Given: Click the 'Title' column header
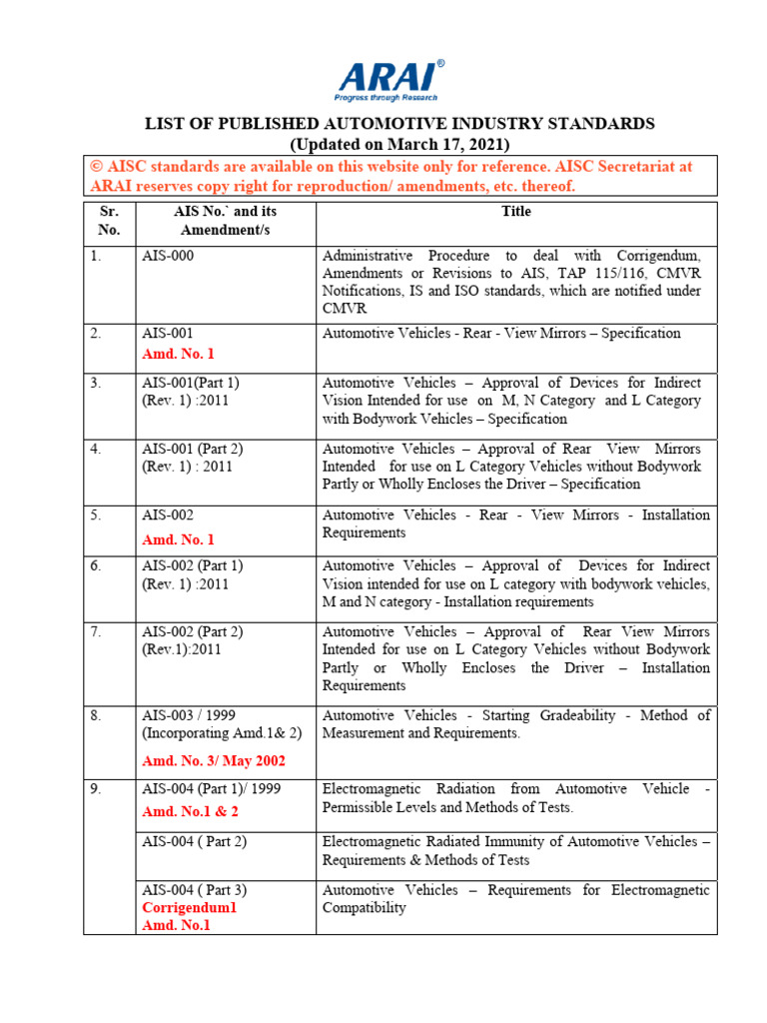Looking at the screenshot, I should point(516,211).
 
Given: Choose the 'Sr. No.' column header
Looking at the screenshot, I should point(110,220).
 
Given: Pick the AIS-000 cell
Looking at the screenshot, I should point(168,256).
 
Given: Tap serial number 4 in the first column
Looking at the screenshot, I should point(95,449).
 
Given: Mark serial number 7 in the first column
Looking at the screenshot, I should point(95,631).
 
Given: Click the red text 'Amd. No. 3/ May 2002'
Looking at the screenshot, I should point(214,761).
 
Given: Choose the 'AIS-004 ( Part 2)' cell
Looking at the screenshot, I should point(194,842).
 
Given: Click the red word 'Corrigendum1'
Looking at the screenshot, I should point(190,908).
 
